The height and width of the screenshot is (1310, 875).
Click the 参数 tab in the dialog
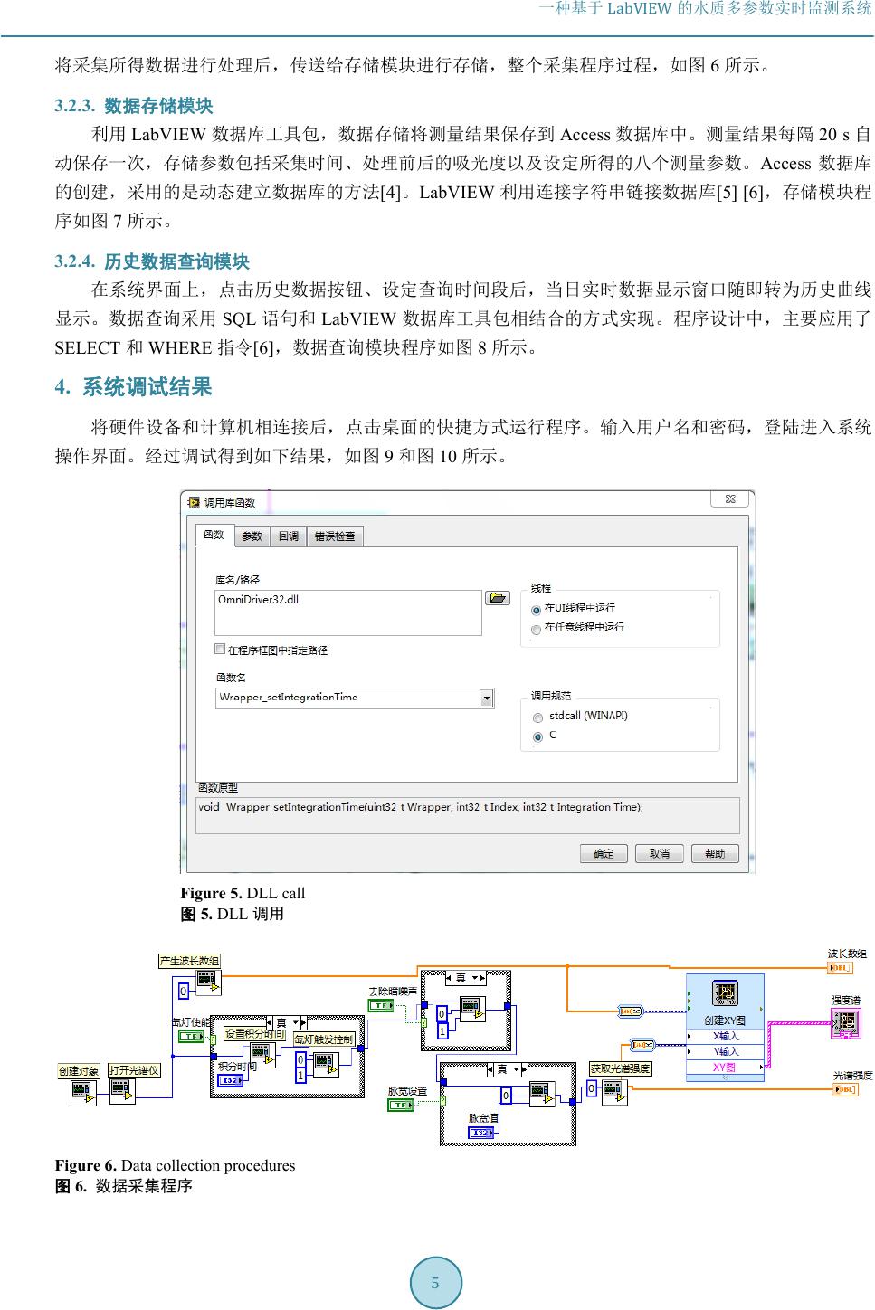click(252, 536)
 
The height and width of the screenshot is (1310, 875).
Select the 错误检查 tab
click(334, 536)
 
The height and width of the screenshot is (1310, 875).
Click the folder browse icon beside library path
click(497, 598)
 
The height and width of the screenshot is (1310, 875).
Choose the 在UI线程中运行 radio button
click(537, 610)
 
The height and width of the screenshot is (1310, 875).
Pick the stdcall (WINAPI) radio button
click(537, 717)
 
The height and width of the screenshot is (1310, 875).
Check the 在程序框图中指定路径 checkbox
click(220, 649)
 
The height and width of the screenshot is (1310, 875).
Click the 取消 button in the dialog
click(659, 853)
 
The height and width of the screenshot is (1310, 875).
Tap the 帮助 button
click(715, 853)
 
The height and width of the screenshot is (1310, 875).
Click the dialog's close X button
click(730, 499)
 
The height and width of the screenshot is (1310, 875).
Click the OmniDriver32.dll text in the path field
click(259, 600)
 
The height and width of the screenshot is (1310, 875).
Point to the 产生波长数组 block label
click(189, 961)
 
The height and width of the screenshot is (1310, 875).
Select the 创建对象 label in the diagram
click(79, 1071)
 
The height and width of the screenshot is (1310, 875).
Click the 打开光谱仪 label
click(134, 1071)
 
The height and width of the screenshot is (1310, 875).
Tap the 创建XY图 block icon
click(725, 993)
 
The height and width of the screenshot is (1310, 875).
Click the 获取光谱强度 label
click(621, 1068)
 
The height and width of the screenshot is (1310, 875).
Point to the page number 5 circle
click(436, 1282)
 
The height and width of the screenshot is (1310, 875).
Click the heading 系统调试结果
click(147, 387)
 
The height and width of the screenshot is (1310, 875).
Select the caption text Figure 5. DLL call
click(243, 893)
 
